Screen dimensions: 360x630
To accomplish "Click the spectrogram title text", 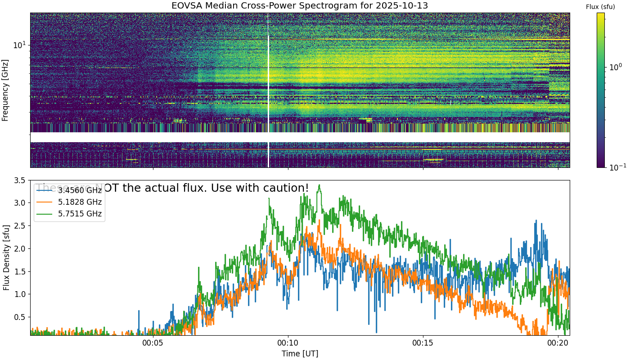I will click(x=300, y=6).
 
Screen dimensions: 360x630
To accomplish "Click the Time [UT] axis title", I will click(x=300, y=353).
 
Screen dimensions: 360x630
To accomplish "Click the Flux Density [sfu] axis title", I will click(x=6, y=257).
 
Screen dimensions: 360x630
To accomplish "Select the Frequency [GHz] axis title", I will click(x=5, y=90).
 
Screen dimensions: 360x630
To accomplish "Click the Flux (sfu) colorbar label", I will click(x=600, y=7).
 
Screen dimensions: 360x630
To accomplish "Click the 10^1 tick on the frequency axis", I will click(x=20, y=45).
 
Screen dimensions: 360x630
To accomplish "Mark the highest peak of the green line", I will click(x=319, y=184).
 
